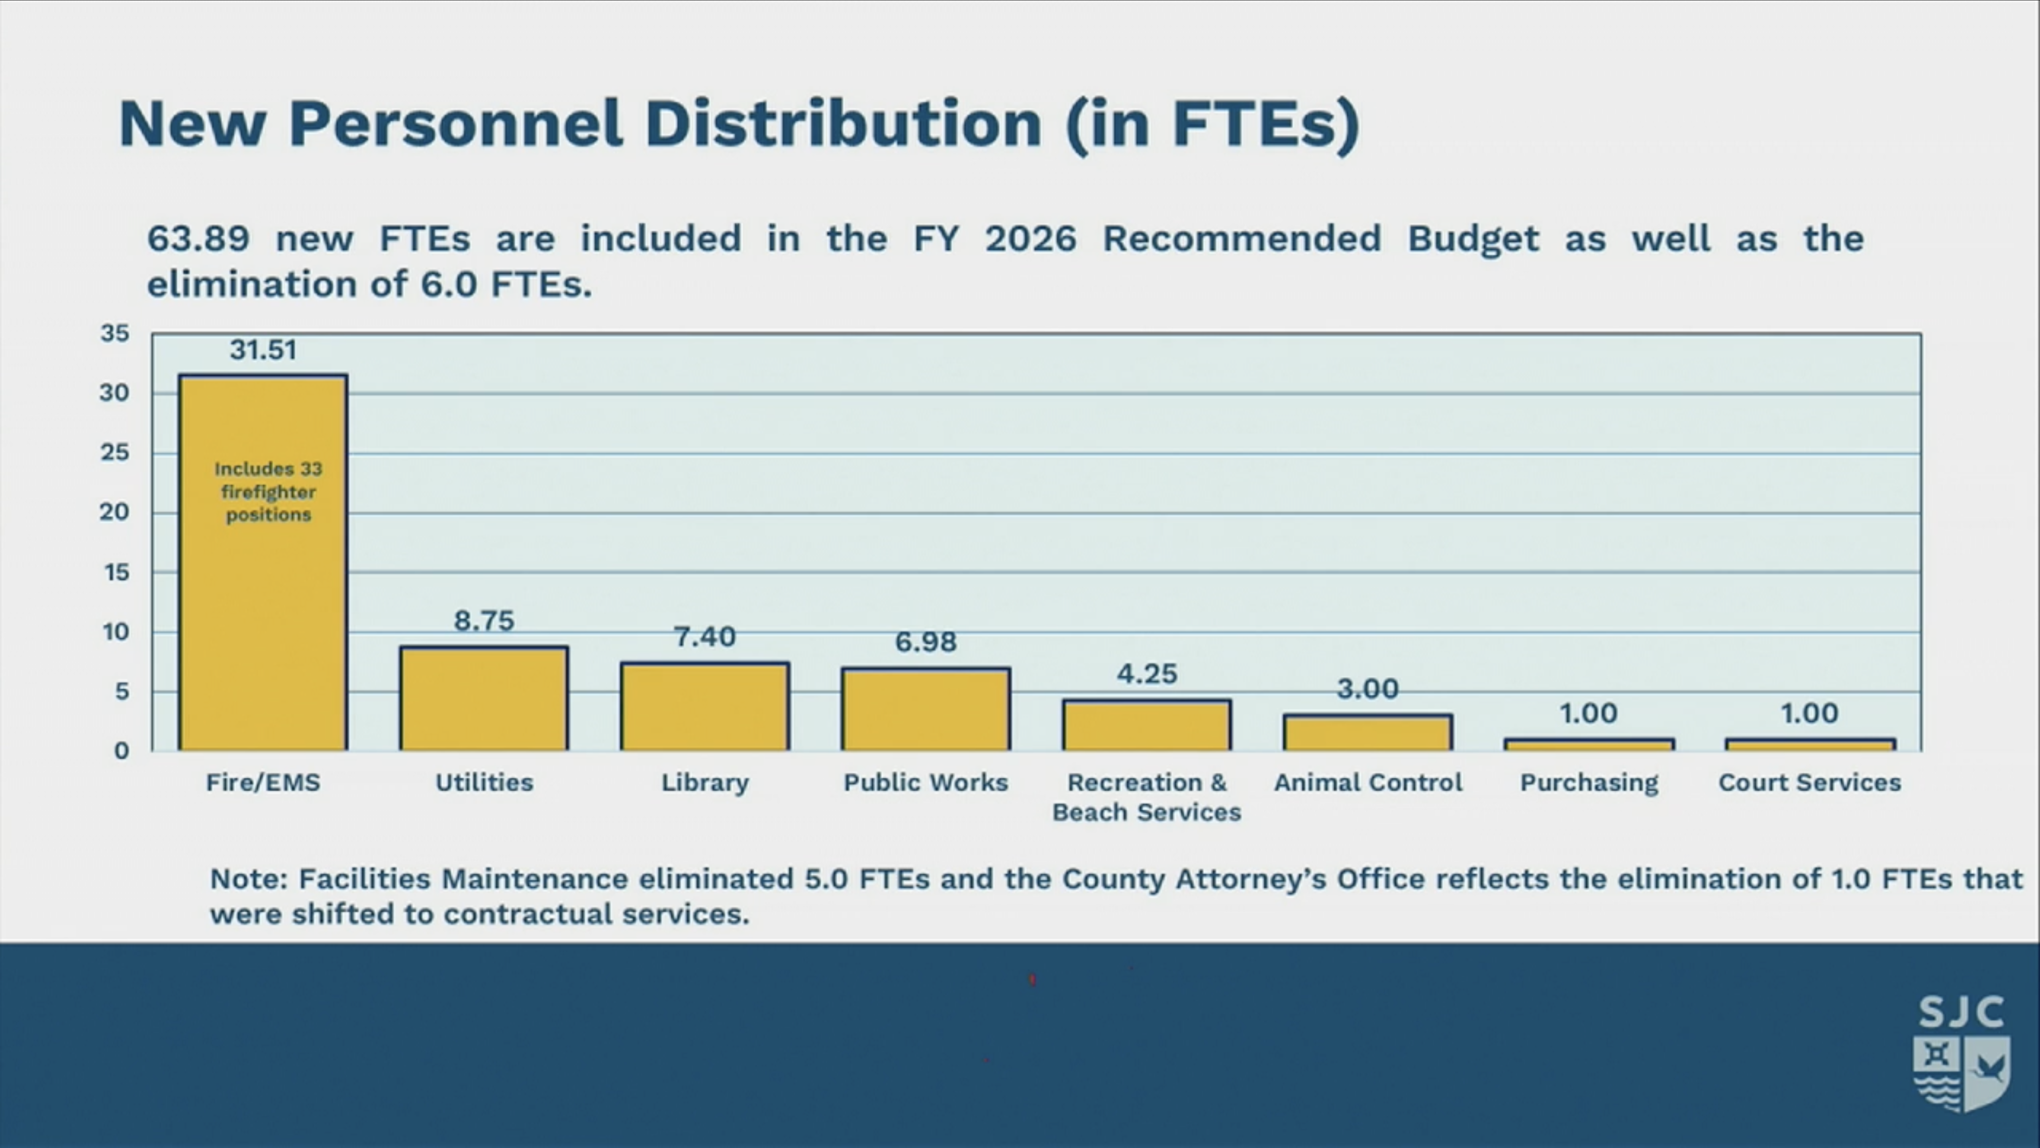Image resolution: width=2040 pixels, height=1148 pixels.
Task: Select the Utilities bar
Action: pos(484,699)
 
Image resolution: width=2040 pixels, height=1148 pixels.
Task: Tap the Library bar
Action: pos(705,707)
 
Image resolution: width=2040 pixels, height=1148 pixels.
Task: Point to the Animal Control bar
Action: pos(1368,733)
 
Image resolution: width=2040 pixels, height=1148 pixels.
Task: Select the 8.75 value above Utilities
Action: pos(484,620)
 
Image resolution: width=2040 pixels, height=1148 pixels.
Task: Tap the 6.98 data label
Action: pos(926,642)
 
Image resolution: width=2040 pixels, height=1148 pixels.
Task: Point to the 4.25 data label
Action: pos(1147,674)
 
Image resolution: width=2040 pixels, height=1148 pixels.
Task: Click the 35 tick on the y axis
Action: pos(115,334)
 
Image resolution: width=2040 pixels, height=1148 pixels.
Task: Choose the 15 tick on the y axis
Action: pos(116,572)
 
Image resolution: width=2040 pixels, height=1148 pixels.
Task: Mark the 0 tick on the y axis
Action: pos(121,750)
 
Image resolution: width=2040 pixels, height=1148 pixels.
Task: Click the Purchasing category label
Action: pos(1589,783)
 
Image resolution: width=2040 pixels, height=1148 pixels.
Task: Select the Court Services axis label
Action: pos(1810,783)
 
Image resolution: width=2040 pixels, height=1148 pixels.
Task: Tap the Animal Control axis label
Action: pos(1368,783)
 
